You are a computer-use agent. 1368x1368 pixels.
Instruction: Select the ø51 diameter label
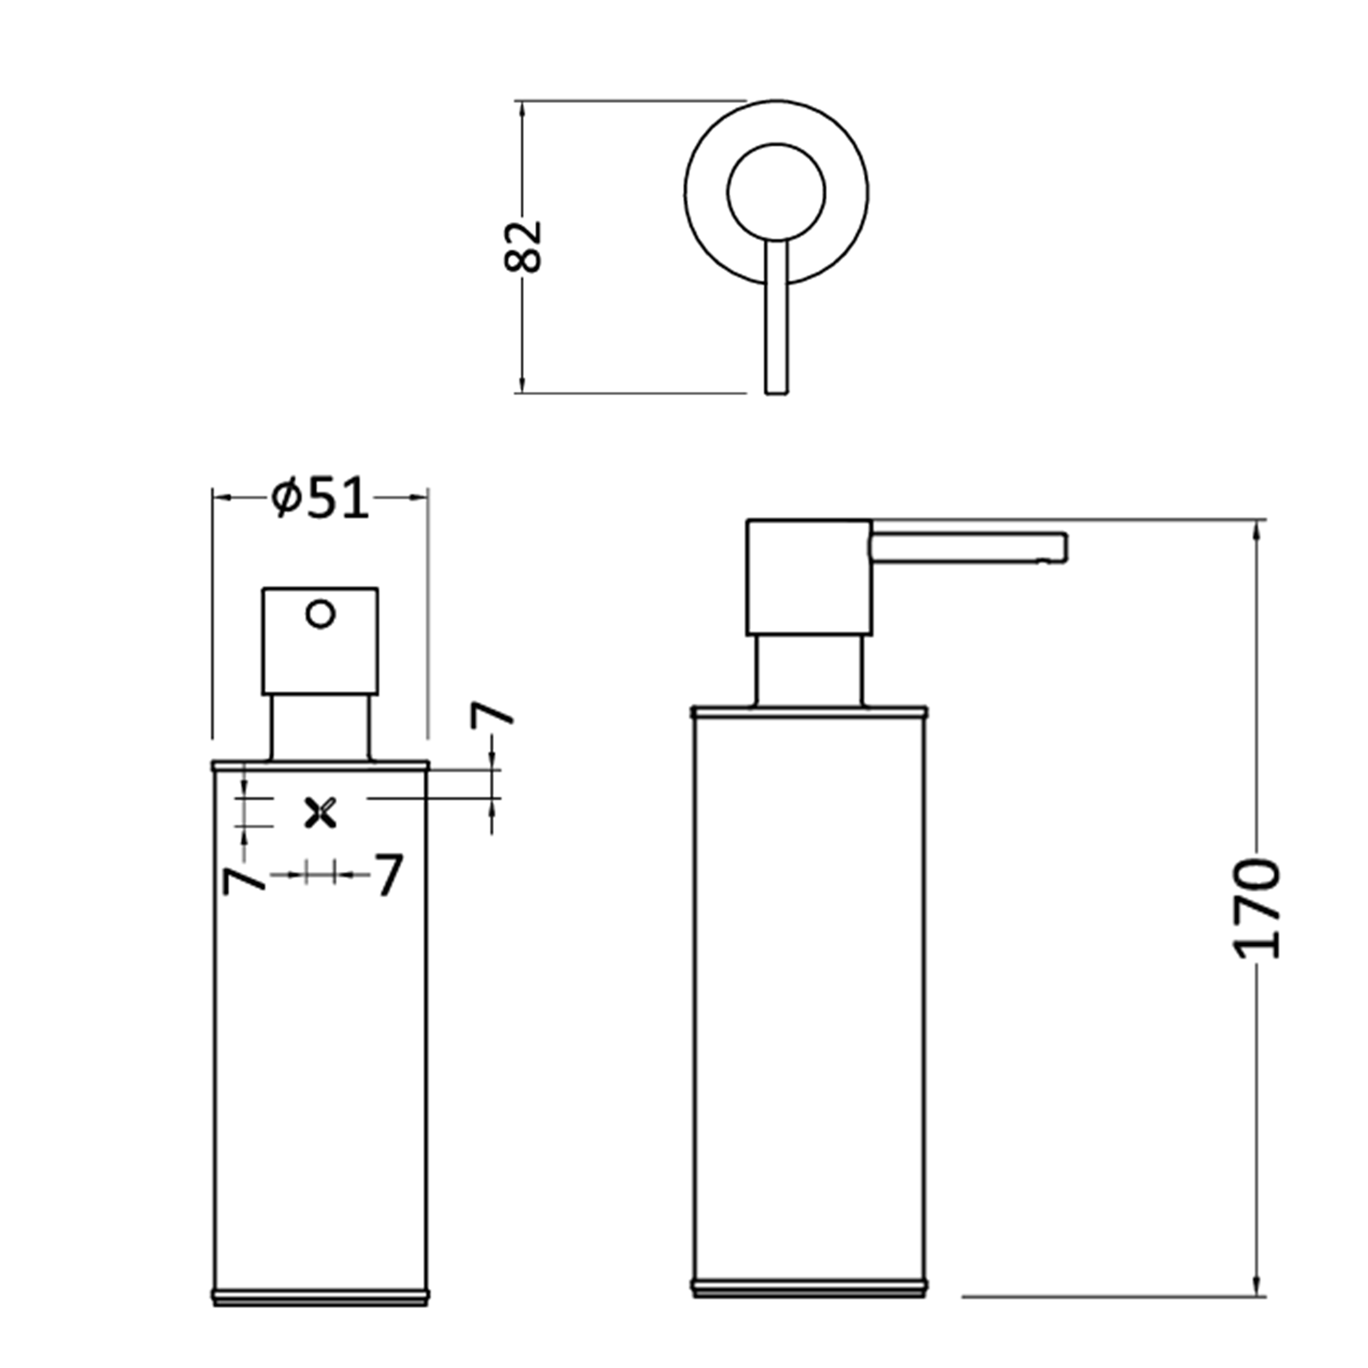click(320, 498)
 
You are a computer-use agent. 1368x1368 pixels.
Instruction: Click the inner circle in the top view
click(776, 192)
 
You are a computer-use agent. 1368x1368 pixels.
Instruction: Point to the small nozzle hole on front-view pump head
click(320, 614)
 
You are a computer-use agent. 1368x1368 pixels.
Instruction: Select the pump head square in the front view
click(320, 641)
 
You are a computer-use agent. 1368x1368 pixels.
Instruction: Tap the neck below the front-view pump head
click(320, 727)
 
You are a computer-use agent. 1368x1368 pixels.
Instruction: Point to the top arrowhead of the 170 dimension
click(1258, 528)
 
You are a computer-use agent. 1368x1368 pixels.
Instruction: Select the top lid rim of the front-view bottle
click(320, 766)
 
